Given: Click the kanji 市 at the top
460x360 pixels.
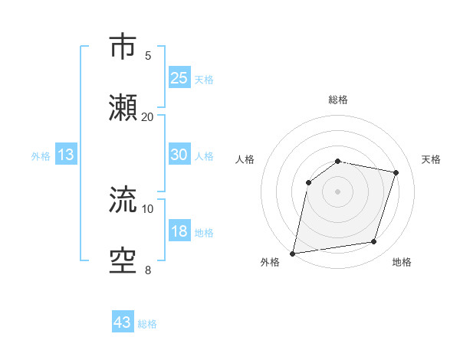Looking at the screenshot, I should click(x=123, y=47).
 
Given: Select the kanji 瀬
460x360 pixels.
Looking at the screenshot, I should click(x=123, y=108).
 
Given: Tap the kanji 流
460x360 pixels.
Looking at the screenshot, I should click(x=123, y=201).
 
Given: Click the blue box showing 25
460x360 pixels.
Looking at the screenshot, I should click(x=179, y=77).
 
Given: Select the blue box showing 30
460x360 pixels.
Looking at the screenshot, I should click(x=179, y=155).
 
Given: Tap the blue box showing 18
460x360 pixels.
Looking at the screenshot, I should click(x=179, y=231).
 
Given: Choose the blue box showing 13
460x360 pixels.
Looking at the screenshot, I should click(x=66, y=155).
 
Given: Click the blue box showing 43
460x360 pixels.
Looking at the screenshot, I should click(x=123, y=322).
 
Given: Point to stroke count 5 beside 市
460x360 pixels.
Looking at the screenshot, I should click(x=148, y=55).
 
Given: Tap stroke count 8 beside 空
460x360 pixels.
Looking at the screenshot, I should click(x=148, y=270).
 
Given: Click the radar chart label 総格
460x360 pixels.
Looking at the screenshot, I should click(x=338, y=100).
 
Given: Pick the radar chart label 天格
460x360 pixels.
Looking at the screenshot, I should click(x=431, y=159).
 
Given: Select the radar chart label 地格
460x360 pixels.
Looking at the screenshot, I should click(x=402, y=263).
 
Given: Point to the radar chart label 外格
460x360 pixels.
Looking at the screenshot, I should click(x=270, y=263).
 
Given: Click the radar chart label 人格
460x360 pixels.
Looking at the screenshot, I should click(x=245, y=159).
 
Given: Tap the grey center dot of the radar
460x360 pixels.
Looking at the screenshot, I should click(x=337, y=191).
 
